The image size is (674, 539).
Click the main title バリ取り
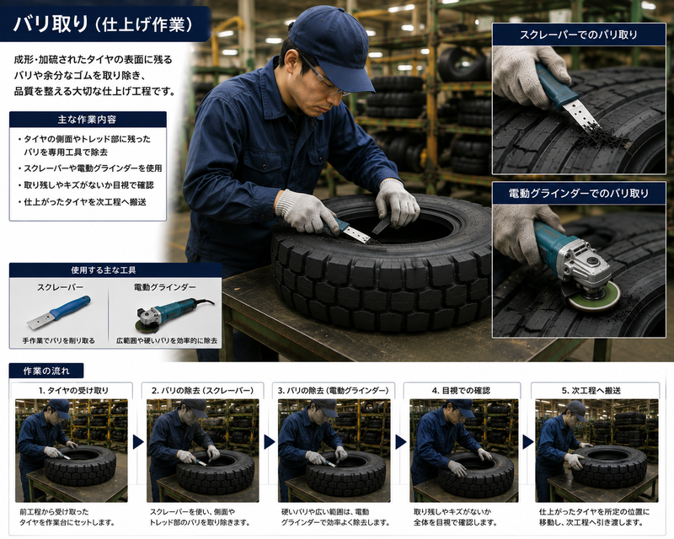[x=51, y=24]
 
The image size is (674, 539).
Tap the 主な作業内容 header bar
[x=88, y=120]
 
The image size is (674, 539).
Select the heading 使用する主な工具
[x=104, y=270]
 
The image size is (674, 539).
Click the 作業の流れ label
[x=46, y=371]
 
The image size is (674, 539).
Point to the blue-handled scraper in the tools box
[x=59, y=312]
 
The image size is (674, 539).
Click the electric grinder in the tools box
[x=174, y=313]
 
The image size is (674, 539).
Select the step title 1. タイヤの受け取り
[x=73, y=391]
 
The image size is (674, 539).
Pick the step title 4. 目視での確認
[x=461, y=391]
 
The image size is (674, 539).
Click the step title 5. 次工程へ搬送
[x=591, y=391]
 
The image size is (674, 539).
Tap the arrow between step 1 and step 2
[x=138, y=442]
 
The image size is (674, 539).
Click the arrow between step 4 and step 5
[x=528, y=442]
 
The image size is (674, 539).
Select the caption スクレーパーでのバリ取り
[x=579, y=35]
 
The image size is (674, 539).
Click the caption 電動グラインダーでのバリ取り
[x=579, y=194]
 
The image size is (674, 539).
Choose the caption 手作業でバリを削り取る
[x=58, y=340]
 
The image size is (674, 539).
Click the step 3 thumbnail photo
[x=334, y=451]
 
